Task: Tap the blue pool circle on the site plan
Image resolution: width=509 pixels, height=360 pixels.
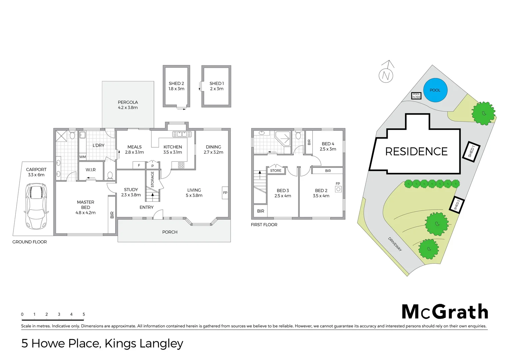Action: [435, 90]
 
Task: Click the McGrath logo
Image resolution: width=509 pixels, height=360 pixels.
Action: [445, 312]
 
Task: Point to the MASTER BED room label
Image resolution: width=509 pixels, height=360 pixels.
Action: [86, 205]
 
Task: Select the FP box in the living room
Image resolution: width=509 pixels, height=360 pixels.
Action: [225, 193]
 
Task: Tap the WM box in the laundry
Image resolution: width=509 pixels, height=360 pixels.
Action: [82, 157]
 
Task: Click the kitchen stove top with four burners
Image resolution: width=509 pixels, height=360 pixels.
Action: [181, 165]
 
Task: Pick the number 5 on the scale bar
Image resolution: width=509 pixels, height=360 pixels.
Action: [84, 314]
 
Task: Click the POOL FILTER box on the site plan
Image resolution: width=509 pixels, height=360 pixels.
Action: [416, 96]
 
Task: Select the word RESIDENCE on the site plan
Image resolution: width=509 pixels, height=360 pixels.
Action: [416, 152]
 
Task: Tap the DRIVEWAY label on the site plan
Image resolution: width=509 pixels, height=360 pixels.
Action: [395, 244]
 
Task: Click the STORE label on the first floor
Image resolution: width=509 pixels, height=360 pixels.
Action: [275, 171]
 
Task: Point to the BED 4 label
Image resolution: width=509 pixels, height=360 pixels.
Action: [328, 144]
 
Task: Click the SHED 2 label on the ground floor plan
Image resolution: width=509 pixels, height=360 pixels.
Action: [176, 83]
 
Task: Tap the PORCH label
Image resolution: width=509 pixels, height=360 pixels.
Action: [170, 232]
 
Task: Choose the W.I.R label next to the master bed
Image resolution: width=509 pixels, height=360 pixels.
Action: [91, 170]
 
